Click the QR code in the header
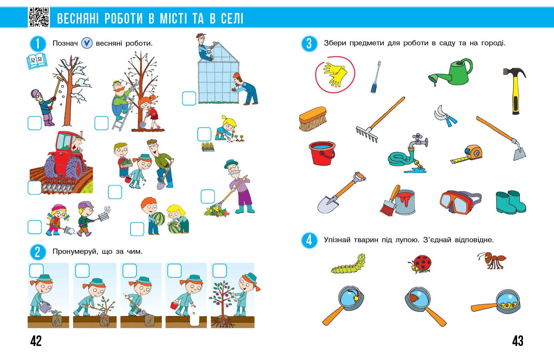(39, 17)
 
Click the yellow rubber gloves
(335, 75)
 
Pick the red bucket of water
(322, 153)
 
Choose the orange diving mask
(460, 202)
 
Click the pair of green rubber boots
(511, 202)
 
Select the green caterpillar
(348, 264)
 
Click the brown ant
(492, 261)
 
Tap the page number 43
(518, 341)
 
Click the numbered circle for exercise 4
(309, 240)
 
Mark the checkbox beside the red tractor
(34, 188)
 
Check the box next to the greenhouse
(189, 98)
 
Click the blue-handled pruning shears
(445, 116)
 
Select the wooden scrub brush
(313, 119)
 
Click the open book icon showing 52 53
(37, 61)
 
